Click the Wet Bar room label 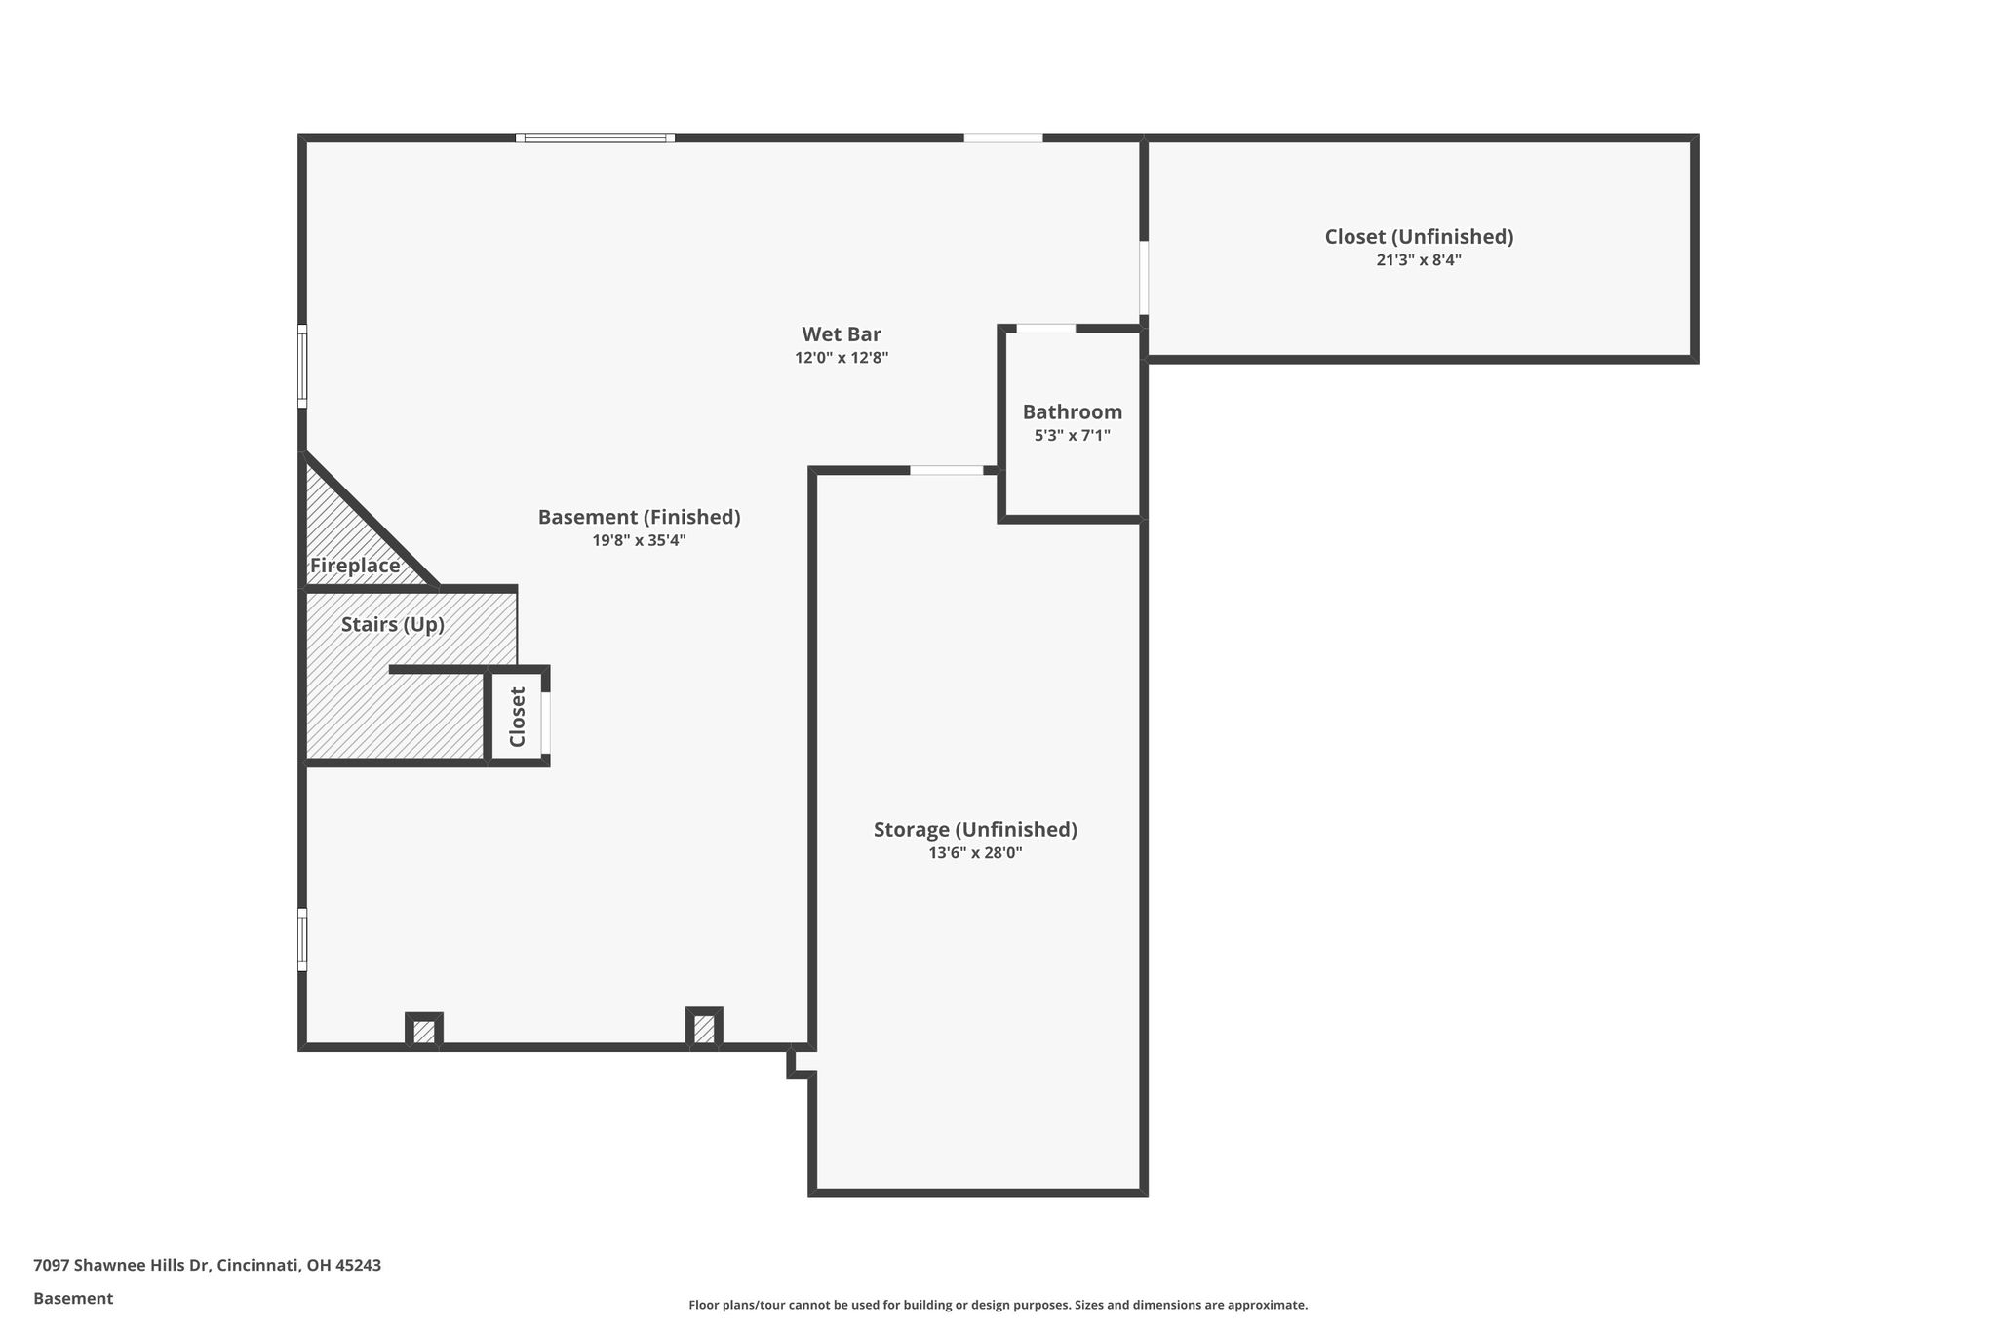842,334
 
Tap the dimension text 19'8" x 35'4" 640,540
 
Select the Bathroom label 1073,411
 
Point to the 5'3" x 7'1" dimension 1073,436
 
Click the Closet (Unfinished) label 1419,237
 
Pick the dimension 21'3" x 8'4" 1419,260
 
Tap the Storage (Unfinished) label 975,830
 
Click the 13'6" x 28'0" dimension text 975,853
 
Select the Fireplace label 355,566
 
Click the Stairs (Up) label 393,624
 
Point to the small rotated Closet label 518,717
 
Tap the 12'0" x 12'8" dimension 842,358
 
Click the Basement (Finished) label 640,517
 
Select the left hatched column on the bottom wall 424,1031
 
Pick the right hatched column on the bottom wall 704,1029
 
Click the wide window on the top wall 595,137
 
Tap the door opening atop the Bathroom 1046,329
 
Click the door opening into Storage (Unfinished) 947,470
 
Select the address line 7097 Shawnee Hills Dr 122,1266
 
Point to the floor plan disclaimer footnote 998,1305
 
